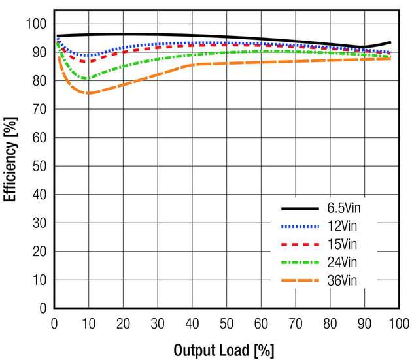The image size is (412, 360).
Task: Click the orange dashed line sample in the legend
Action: pyautogui.click(x=301, y=280)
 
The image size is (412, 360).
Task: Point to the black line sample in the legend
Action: pyautogui.click(x=301, y=209)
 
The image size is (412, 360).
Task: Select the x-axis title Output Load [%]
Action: pyautogui.click(x=224, y=350)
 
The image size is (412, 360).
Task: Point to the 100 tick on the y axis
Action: pyautogui.click(x=37, y=24)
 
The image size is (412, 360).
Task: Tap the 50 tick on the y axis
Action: pyautogui.click(x=39, y=166)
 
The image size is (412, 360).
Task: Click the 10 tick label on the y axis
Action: pyautogui.click(x=39, y=280)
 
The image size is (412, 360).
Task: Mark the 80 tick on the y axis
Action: pyautogui.click(x=39, y=81)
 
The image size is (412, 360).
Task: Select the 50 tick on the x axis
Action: pyautogui.click(x=226, y=322)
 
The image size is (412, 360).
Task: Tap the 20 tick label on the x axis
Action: pyautogui.click(x=123, y=322)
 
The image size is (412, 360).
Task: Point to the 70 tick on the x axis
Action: pyautogui.click(x=295, y=322)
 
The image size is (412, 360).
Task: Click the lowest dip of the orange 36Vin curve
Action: pyautogui.click(x=88, y=93)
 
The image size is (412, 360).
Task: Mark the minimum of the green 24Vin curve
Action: pyautogui.click(x=86, y=78)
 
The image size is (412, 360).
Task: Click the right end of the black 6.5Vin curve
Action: pyautogui.click(x=390, y=42)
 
